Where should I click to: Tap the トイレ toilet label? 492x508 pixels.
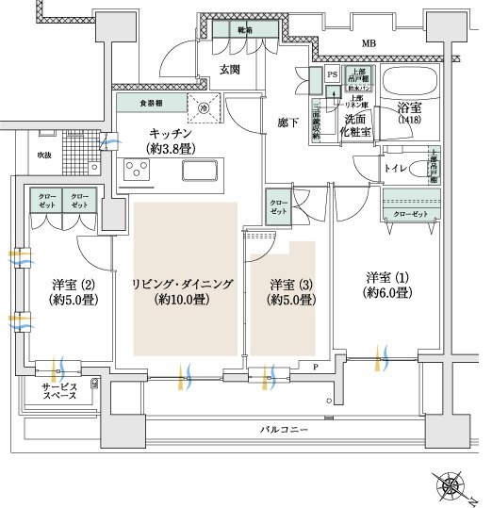point(395,170)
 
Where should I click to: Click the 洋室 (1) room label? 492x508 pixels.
point(387,285)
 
